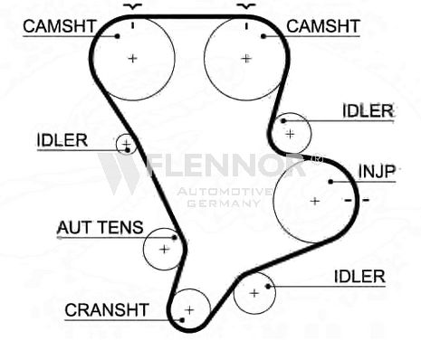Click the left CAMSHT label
click(60, 26)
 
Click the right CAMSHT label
click(323, 26)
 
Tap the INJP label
click(377, 171)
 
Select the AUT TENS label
click(100, 227)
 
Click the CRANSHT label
click(107, 309)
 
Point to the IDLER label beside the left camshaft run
click(62, 140)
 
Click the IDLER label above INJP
click(368, 110)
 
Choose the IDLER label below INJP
click(359, 277)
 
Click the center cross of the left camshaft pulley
click(132, 58)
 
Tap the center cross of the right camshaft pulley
click(246, 58)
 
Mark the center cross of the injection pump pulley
click(315, 201)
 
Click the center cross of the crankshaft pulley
click(189, 310)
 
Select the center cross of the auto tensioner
click(165, 250)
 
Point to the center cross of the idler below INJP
click(254, 293)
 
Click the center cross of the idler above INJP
click(290, 134)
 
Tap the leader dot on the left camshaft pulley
click(118, 36)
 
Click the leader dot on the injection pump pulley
click(330, 182)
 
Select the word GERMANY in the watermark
click(224, 204)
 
